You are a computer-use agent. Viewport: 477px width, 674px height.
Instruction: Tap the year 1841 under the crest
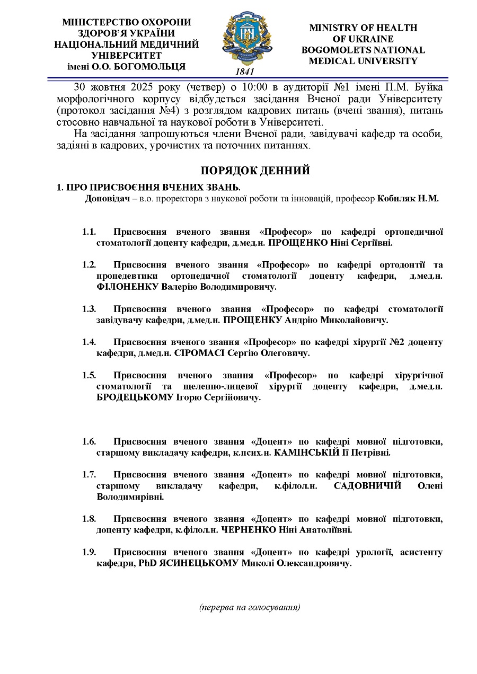(244, 72)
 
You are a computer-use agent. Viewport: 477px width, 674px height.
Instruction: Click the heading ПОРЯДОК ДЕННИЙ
(255, 171)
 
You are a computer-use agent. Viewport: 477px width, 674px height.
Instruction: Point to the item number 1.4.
(89, 342)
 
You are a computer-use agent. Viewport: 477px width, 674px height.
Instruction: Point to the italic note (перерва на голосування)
(250, 607)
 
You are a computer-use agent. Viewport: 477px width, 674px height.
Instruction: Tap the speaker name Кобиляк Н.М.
(408, 199)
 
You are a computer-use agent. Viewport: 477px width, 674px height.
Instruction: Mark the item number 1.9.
(89, 553)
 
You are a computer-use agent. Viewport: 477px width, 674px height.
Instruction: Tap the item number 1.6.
(89, 442)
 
